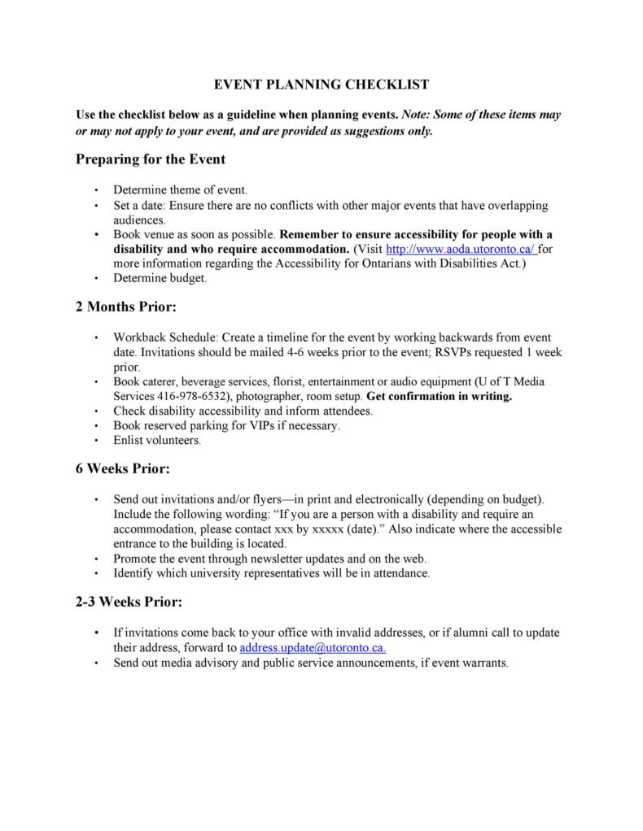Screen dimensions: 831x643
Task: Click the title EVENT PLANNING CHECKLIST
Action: [321, 84]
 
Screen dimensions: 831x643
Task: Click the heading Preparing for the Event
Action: [151, 159]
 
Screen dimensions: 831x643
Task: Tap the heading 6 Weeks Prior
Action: [123, 468]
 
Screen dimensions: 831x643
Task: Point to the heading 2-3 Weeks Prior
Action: [129, 603]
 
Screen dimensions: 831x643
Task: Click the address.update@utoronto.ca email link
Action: [313, 648]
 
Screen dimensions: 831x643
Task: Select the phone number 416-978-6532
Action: [195, 397]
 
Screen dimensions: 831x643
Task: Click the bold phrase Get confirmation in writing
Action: [440, 397]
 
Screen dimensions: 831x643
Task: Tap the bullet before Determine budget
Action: [97, 279]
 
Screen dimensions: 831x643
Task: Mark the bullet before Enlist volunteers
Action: [97, 442]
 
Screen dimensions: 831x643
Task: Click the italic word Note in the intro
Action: [417, 115]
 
